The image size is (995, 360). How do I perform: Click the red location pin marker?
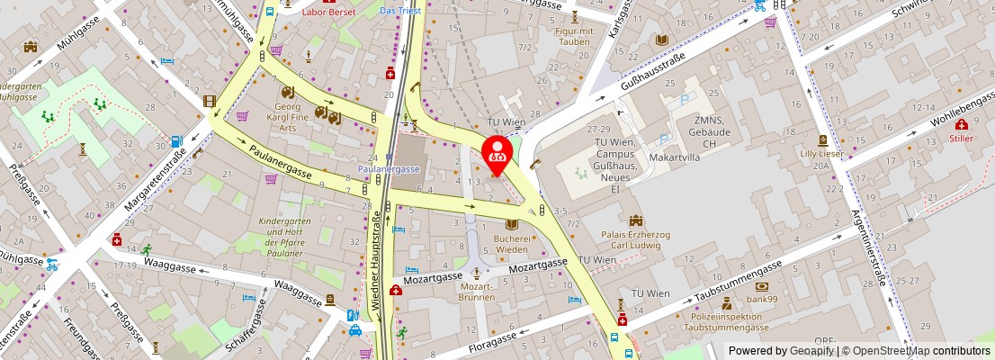click(497, 153)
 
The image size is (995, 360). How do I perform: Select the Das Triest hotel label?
click(399, 11)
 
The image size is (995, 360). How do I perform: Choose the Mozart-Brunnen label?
click(476, 291)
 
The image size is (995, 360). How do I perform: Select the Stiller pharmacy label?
click(961, 139)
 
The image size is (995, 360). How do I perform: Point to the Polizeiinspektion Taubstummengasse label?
click(725, 322)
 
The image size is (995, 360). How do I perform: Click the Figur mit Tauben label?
click(574, 37)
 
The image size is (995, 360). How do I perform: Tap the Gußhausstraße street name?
click(653, 73)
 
